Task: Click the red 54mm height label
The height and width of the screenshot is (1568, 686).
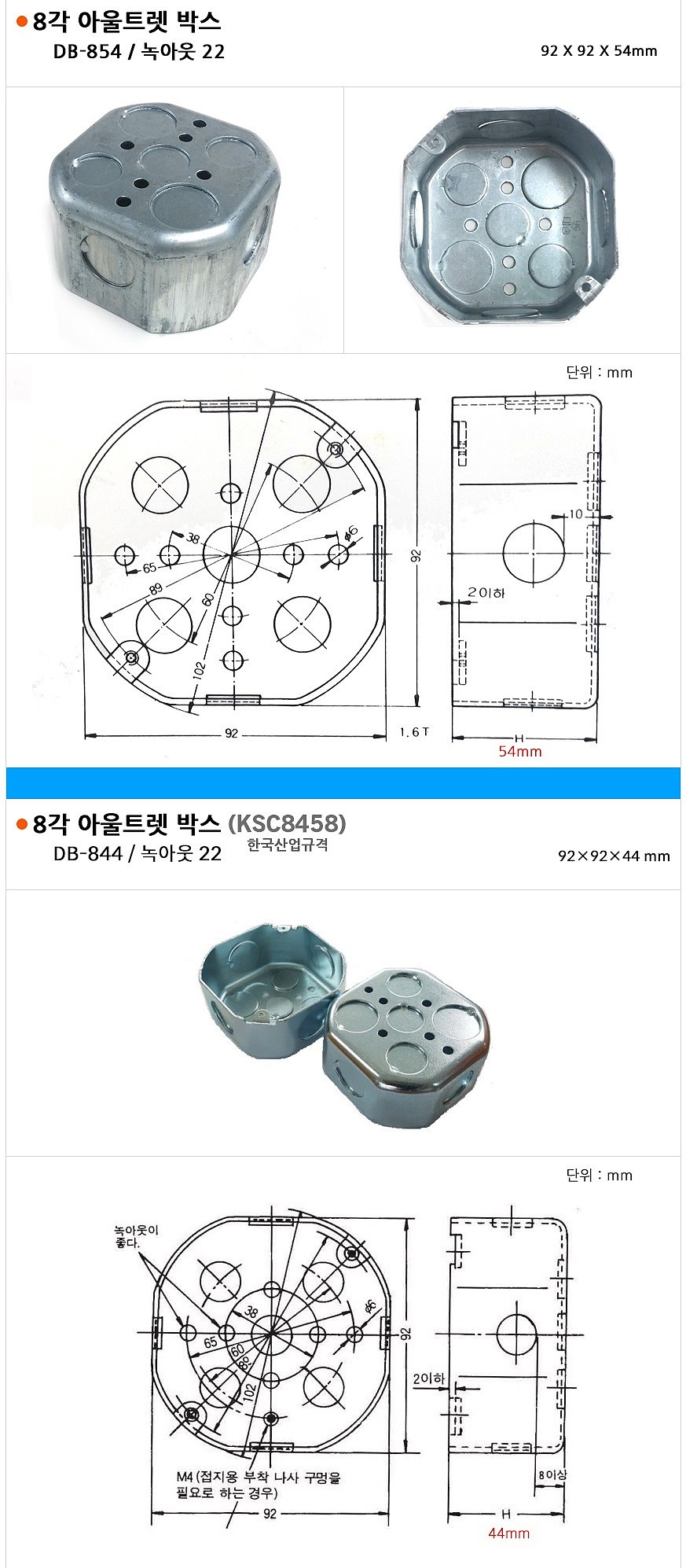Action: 519,752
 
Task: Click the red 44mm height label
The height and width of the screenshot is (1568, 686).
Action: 508,1533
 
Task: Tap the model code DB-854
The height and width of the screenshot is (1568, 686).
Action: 87,52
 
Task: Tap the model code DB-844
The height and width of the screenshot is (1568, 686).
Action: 87,854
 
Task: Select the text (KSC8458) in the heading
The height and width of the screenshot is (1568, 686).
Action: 286,823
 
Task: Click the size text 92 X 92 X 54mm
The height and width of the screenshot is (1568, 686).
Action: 599,51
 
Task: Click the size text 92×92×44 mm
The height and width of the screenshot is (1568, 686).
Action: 614,856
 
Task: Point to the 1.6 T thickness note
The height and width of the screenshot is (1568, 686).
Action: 414,732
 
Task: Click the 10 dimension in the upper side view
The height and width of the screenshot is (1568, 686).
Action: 576,514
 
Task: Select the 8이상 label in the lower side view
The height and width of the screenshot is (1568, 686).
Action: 552,1476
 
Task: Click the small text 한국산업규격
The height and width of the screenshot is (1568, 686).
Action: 288,845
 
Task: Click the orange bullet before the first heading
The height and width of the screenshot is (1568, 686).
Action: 22,22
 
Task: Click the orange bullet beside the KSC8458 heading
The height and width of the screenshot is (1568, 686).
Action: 22,824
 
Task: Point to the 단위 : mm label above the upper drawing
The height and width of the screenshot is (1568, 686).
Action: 599,372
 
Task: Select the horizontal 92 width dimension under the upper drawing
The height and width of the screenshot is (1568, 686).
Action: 231,734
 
